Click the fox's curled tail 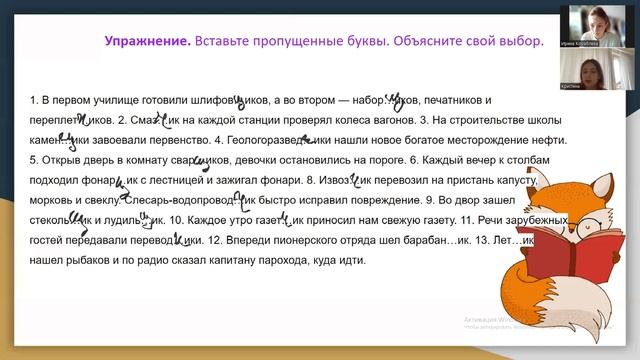coord(520,291)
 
